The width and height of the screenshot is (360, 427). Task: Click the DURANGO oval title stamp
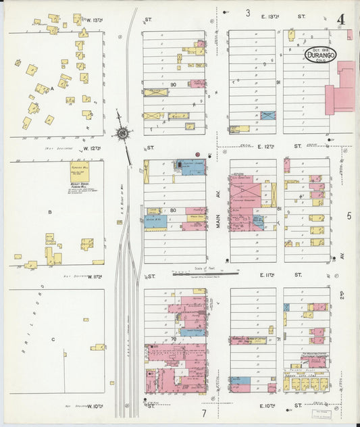pos(327,53)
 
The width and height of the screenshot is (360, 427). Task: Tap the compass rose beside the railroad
pos(123,132)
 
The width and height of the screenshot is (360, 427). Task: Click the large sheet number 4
pos(341,19)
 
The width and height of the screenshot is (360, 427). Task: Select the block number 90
pos(174,84)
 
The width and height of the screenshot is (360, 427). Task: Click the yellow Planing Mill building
pos(80,173)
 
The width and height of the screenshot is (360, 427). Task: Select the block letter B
pos(49,211)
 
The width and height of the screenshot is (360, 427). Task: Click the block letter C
pos(53,339)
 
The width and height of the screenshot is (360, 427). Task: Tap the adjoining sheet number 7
pos(203,412)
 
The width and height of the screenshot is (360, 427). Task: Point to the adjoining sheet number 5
pos(349,216)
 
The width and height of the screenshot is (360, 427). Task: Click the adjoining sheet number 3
pos(248,13)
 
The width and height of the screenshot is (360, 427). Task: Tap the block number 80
pos(173,210)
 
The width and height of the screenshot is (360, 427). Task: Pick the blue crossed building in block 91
pos(268,116)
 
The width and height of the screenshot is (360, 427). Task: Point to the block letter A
pos(51,88)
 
